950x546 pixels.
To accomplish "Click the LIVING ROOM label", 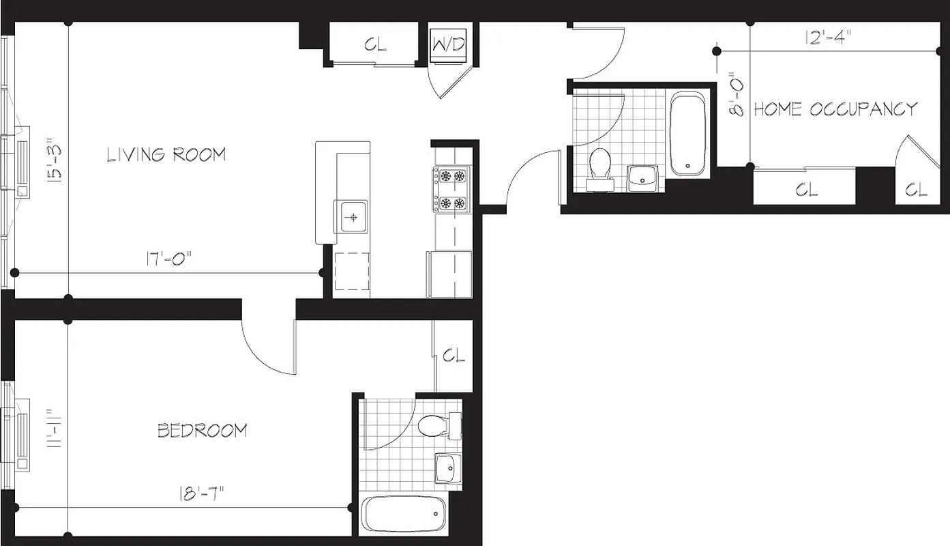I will point(166,154).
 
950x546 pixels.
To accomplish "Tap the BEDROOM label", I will point(203,431).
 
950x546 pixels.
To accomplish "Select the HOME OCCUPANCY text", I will point(835,109).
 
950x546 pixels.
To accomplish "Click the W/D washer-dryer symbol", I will point(449,45).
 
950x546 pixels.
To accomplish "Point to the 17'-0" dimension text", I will point(168,259).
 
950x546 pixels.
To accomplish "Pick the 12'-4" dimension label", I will point(827,38).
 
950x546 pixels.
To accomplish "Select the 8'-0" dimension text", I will point(736,95).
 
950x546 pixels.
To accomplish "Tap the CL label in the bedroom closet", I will point(454,356).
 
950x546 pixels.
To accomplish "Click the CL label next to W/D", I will point(375,45).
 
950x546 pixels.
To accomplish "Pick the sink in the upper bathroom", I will point(642,177).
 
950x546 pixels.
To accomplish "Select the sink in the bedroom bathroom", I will point(447,468).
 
